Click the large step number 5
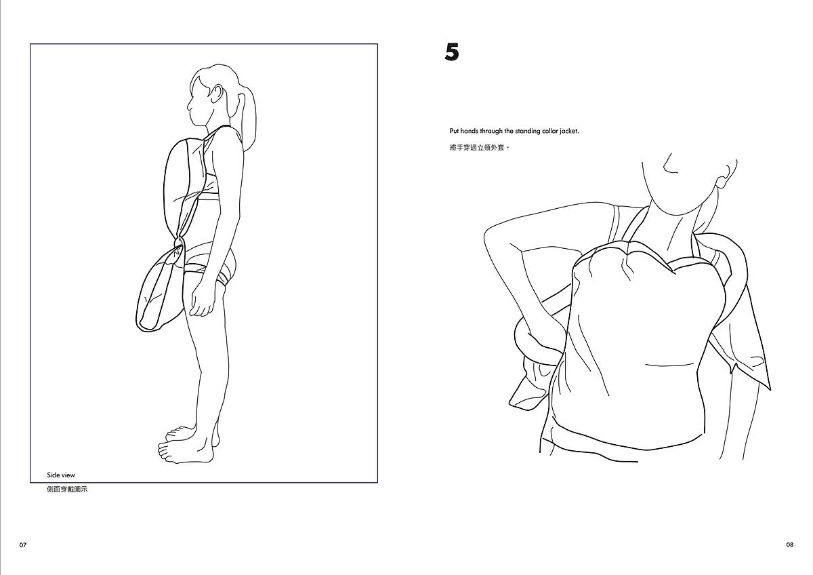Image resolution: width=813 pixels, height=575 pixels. click(452, 52)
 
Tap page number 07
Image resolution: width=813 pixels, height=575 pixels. click(23, 545)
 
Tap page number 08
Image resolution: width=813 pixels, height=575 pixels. click(790, 545)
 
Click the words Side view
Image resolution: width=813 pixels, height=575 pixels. click(61, 475)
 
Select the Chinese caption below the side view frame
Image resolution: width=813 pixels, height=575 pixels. click(67, 490)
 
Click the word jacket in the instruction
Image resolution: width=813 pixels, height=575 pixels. click(569, 131)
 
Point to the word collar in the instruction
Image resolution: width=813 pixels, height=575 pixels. click(550, 131)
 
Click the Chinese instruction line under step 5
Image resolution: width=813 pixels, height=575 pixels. click(480, 148)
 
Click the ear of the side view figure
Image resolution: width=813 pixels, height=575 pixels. click(218, 94)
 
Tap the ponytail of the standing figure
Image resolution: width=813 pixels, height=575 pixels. click(247, 120)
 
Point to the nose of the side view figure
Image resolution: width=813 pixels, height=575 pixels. click(190, 106)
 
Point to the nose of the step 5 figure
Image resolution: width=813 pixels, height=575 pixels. click(669, 165)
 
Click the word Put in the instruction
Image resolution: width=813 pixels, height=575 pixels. click(455, 131)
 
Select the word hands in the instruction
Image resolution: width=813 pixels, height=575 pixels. click(470, 131)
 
